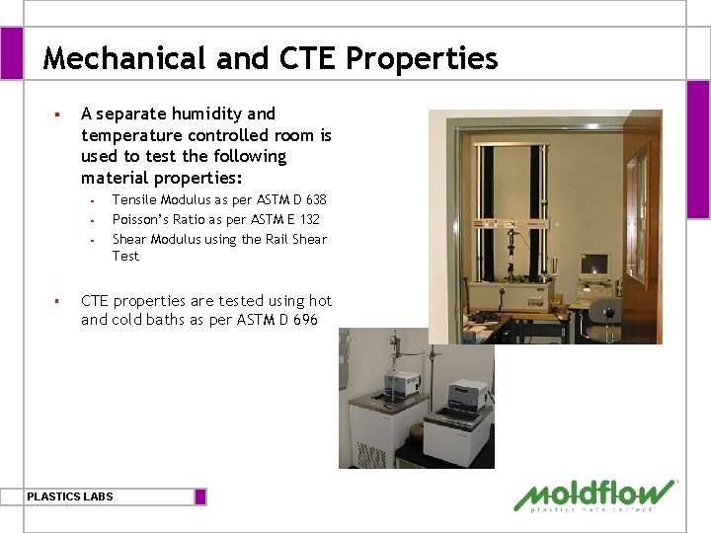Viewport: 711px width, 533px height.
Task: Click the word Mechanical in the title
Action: coord(125,59)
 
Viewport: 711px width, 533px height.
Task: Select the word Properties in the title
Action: coord(422,59)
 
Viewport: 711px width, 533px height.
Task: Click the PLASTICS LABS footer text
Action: coord(70,496)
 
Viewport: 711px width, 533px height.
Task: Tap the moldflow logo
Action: coord(595,495)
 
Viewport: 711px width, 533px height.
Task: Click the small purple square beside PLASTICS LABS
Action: coord(200,496)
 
